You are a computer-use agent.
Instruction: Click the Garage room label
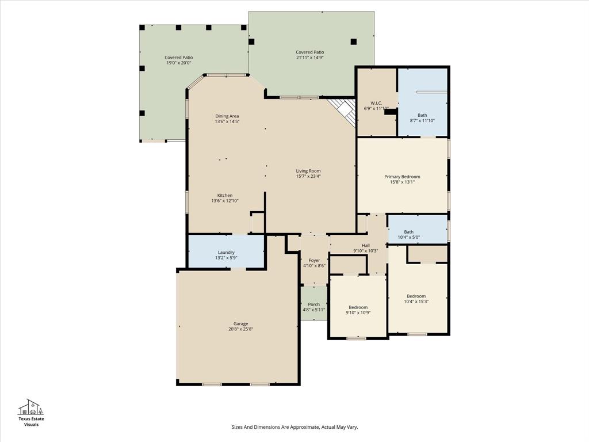240,323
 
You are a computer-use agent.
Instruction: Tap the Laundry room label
227,252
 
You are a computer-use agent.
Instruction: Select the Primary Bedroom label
402,177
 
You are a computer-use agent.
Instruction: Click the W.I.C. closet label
376,103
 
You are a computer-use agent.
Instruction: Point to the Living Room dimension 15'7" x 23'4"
308,176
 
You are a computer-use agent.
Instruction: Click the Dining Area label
227,116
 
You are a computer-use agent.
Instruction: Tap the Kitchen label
224,196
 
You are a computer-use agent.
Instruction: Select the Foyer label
314,260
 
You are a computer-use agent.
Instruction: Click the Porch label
313,304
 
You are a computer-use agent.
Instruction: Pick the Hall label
365,245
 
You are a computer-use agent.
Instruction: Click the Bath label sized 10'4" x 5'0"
408,232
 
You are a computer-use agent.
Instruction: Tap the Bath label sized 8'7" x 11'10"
422,115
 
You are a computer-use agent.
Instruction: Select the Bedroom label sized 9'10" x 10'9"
358,307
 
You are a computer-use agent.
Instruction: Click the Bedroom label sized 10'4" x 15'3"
416,296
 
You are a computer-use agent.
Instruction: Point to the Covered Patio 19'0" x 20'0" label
179,58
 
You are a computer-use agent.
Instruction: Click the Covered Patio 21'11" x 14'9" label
310,52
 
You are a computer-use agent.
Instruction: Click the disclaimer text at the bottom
294,427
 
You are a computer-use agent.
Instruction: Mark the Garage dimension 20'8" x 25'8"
240,329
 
